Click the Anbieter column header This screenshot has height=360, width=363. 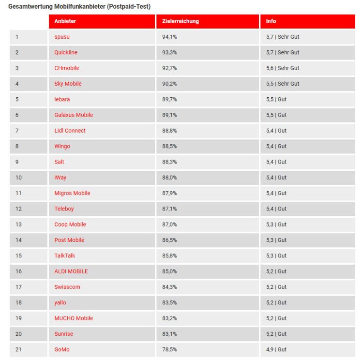pos(65,21)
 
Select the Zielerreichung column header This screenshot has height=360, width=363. pos(177,21)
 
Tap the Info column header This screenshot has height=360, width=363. pos(271,21)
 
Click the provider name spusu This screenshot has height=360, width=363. pos(62,37)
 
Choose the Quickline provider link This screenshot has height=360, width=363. pos(66,52)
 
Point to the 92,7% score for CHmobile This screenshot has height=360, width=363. pos(169,68)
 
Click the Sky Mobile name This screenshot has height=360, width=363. pos(68,84)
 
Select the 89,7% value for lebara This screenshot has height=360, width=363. pos(169,99)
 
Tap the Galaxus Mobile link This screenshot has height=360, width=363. pos(74,115)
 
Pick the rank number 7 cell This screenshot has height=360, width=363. pos(17,131)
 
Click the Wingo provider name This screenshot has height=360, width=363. pos(62,146)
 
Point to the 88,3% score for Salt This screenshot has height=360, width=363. pos(169,162)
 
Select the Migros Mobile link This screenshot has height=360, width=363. pos(72,193)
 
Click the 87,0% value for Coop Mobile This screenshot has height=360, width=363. pos(169,225)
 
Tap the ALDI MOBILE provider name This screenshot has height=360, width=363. pos(71,271)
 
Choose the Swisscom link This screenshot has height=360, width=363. pos(67,287)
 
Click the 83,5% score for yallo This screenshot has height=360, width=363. pos(169,302)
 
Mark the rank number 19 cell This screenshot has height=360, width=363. pos(18,318)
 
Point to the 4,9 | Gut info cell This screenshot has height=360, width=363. pos(276,349)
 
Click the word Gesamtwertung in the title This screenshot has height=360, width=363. pos(29,7)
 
